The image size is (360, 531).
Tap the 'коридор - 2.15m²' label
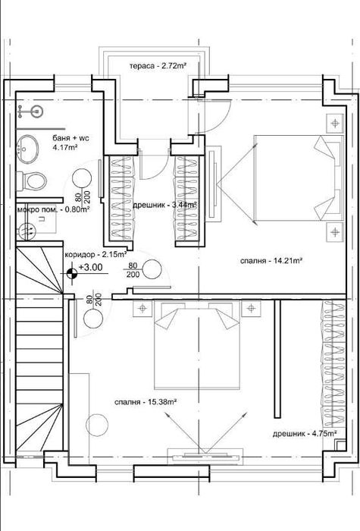pyautogui.click(x=90, y=254)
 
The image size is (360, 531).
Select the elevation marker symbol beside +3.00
pyautogui.click(x=71, y=275)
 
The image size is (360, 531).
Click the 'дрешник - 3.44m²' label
pyautogui.click(x=165, y=205)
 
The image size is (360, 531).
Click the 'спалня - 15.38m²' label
pyautogui.click(x=146, y=402)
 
